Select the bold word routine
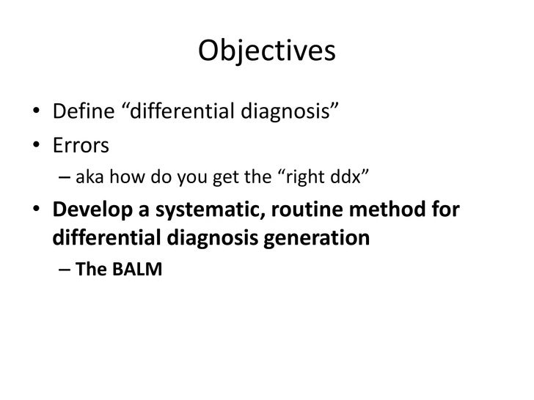[x=303, y=210]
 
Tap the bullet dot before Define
[x=36, y=114]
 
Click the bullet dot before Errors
[x=36, y=147]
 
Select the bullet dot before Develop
[x=36, y=210]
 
